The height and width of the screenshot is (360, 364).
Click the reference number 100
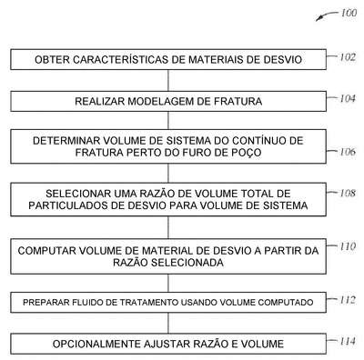click(x=349, y=13)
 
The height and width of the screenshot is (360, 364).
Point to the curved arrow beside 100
click(x=326, y=15)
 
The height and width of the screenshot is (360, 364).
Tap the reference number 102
click(x=347, y=57)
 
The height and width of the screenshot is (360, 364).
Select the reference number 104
click(x=347, y=98)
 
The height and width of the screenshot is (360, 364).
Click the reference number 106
click(x=348, y=152)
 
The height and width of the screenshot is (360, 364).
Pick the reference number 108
click(x=348, y=193)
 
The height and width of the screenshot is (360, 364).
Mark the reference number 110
click(x=348, y=246)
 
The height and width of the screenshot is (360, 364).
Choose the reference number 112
click(x=348, y=300)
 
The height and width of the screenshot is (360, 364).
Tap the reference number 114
click(x=348, y=342)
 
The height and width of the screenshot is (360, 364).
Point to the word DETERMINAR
click(x=66, y=141)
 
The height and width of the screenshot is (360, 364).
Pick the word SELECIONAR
click(x=78, y=194)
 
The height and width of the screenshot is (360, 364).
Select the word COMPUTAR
click(x=47, y=251)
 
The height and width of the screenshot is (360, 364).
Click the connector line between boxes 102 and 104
click(x=168, y=81)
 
